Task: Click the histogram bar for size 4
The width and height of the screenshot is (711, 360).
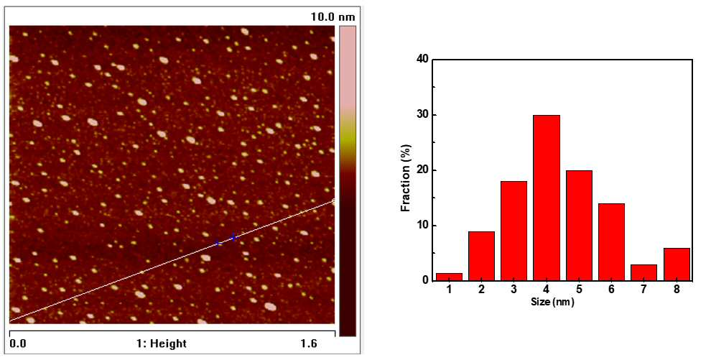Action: [x=547, y=198]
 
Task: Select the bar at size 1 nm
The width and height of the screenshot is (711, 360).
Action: [x=449, y=277]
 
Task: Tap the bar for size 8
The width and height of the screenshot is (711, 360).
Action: [x=677, y=264]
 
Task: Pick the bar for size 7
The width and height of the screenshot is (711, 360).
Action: [x=644, y=272]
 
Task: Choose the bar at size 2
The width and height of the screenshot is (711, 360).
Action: [x=482, y=257]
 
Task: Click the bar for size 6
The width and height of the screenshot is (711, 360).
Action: [x=611, y=242]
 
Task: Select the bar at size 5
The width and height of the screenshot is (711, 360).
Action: [x=579, y=226]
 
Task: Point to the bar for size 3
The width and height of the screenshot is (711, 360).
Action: [x=513, y=231]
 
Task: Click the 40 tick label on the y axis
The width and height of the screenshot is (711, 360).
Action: [x=423, y=60]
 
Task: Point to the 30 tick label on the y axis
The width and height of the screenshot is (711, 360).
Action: [x=423, y=115]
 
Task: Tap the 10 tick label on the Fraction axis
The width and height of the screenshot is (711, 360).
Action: [x=423, y=226]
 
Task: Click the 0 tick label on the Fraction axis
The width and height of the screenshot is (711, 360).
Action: [x=426, y=281]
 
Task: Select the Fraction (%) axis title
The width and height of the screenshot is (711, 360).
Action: [x=406, y=177]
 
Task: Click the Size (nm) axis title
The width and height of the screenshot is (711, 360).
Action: [x=552, y=302]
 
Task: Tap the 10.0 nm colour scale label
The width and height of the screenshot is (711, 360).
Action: [x=333, y=17]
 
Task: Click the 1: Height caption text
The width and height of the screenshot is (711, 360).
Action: [x=162, y=343]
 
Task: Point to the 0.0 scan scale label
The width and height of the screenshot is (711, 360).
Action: [x=18, y=343]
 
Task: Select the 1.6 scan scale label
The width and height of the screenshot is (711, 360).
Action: [x=309, y=343]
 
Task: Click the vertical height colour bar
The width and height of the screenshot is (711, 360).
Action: [x=348, y=181]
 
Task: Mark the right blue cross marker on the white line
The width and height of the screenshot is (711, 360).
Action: [x=233, y=238]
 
